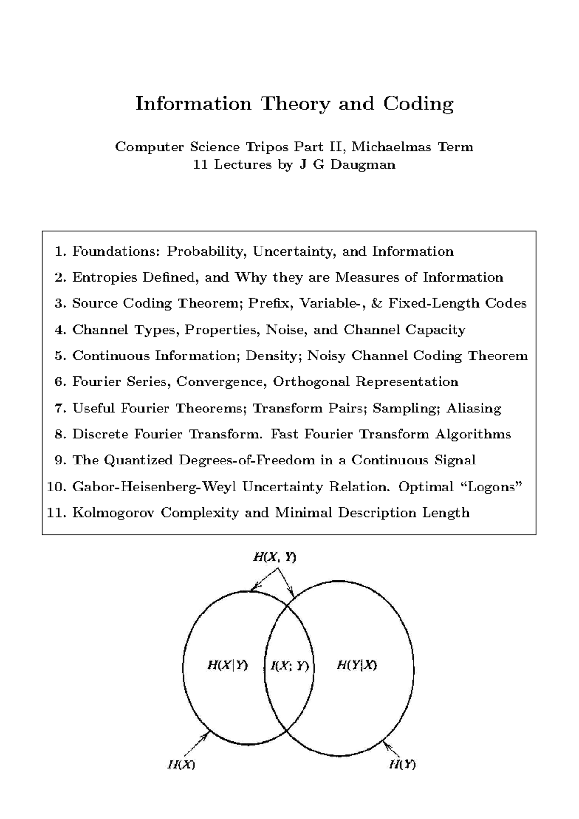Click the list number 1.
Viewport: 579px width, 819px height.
coord(60,252)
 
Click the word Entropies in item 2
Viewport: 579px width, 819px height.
coord(101,278)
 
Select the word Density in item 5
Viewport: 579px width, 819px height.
coord(273,356)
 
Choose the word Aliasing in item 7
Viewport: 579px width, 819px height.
coord(473,409)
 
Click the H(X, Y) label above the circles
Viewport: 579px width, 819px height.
coord(274,558)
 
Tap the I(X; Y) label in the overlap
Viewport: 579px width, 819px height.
coord(289,666)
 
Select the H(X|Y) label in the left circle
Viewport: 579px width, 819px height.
coord(227,666)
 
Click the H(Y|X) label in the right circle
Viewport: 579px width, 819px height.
coord(357,666)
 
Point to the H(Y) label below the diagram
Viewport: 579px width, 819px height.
coord(402,764)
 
